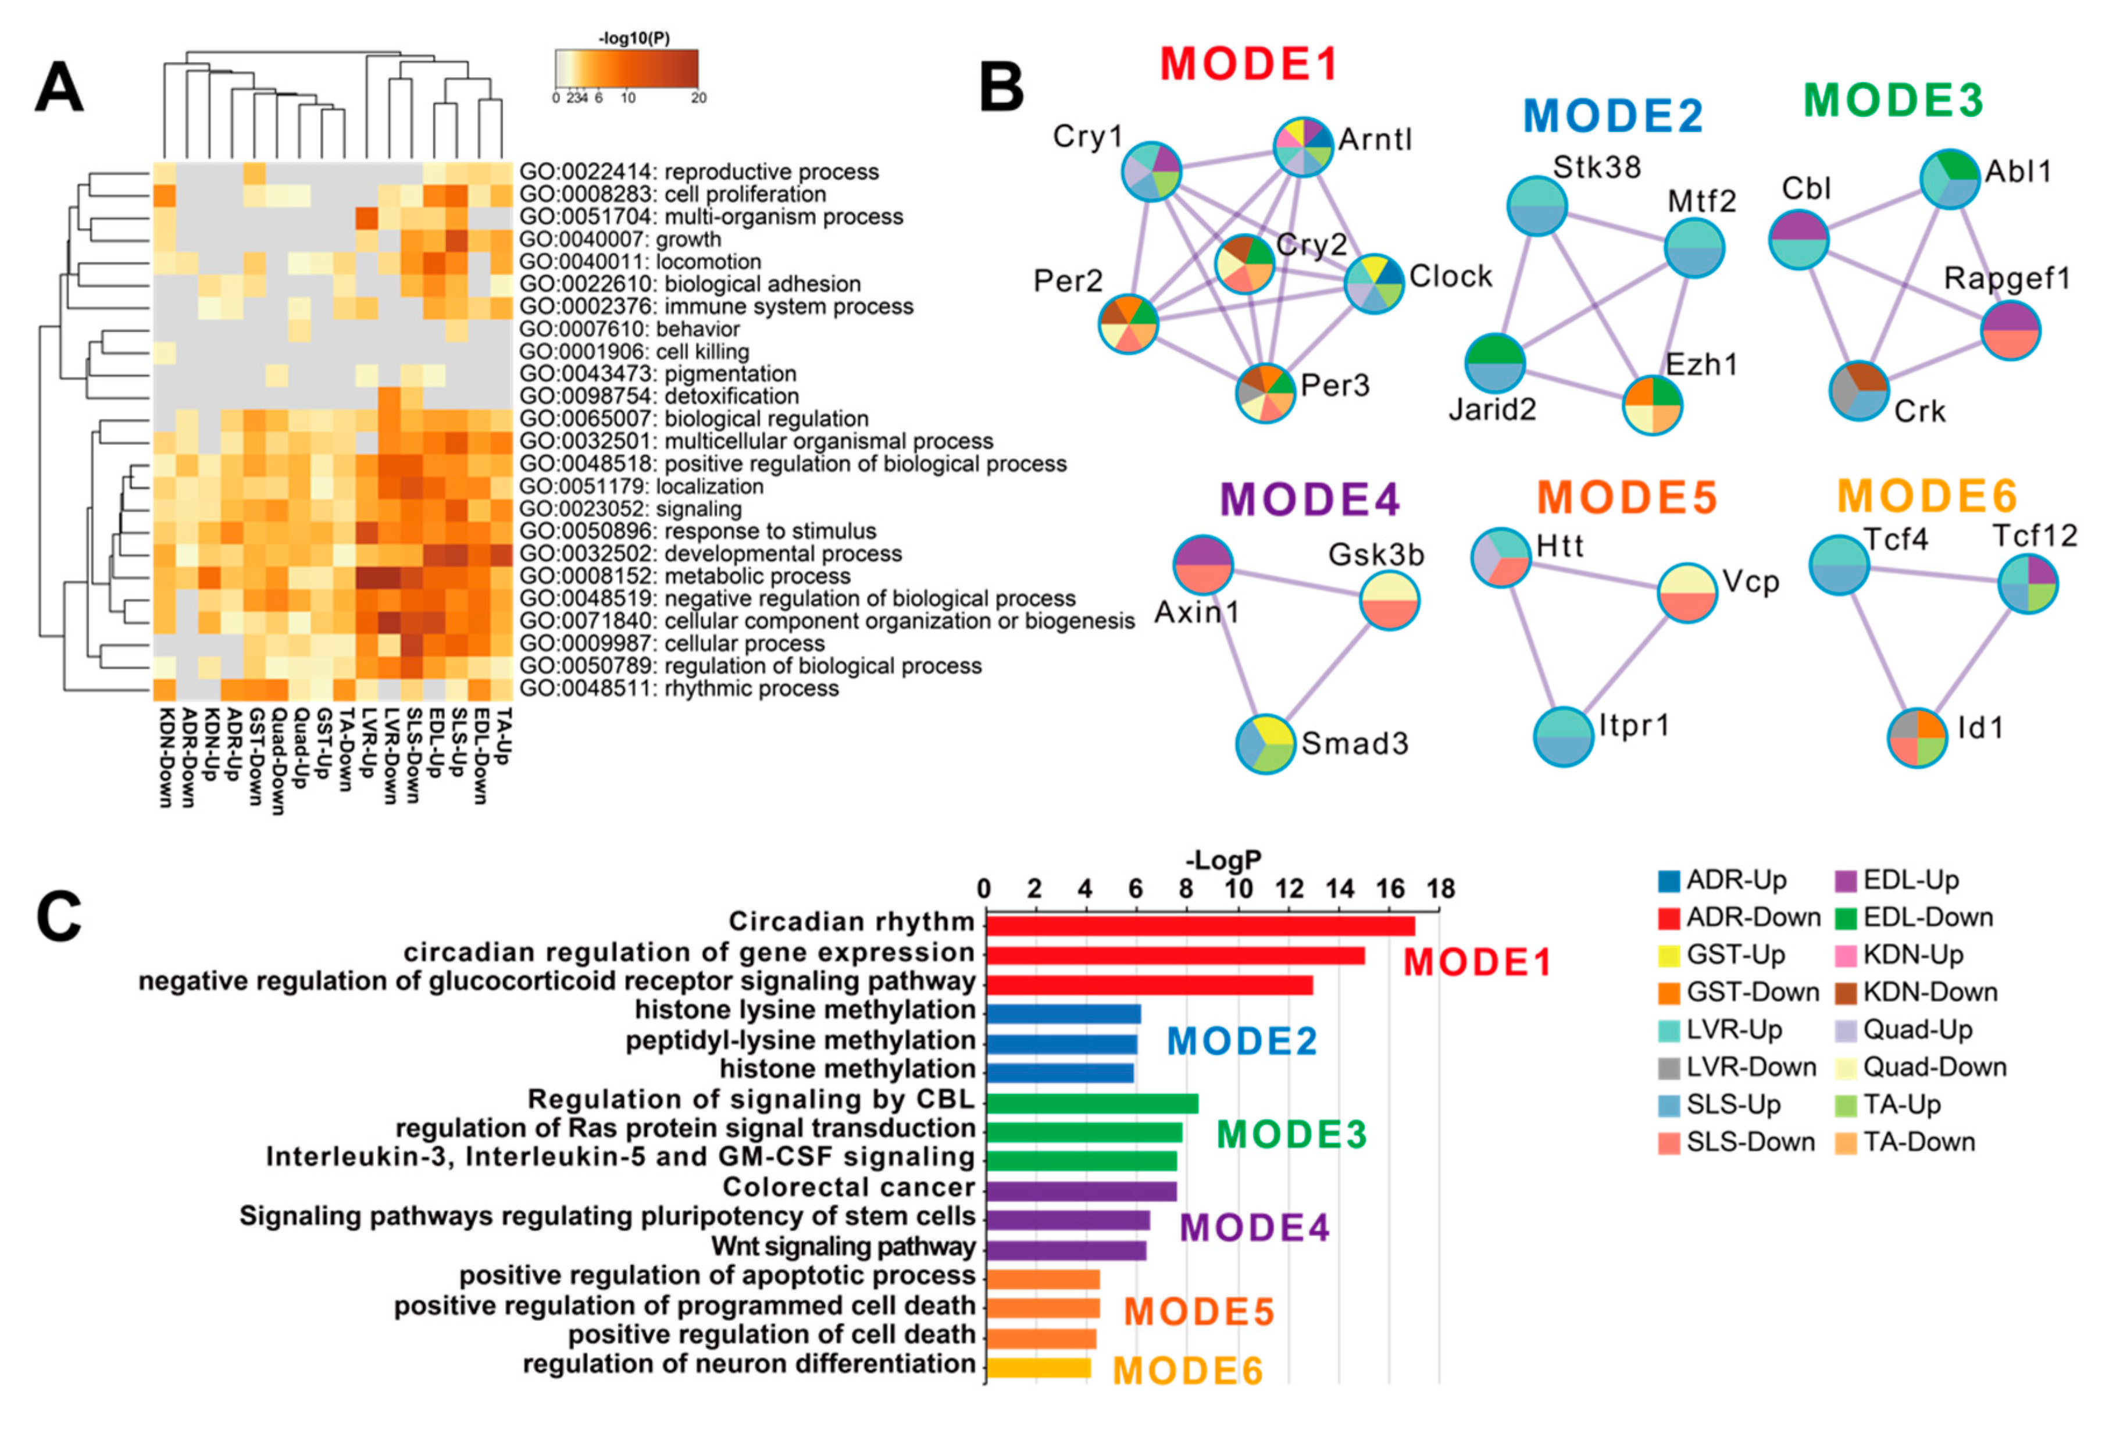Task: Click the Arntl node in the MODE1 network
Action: (1303, 146)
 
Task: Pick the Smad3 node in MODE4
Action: (1265, 743)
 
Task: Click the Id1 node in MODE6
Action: (1917, 737)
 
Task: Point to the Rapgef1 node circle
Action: (2010, 330)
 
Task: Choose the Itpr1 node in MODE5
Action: (1562, 736)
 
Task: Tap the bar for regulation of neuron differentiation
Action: (1038, 1368)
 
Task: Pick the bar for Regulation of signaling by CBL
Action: (1091, 1103)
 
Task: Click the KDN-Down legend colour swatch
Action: (1845, 993)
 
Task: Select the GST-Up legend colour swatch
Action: (1668, 955)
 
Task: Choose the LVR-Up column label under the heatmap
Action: (367, 743)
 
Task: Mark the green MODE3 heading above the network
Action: (1893, 100)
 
